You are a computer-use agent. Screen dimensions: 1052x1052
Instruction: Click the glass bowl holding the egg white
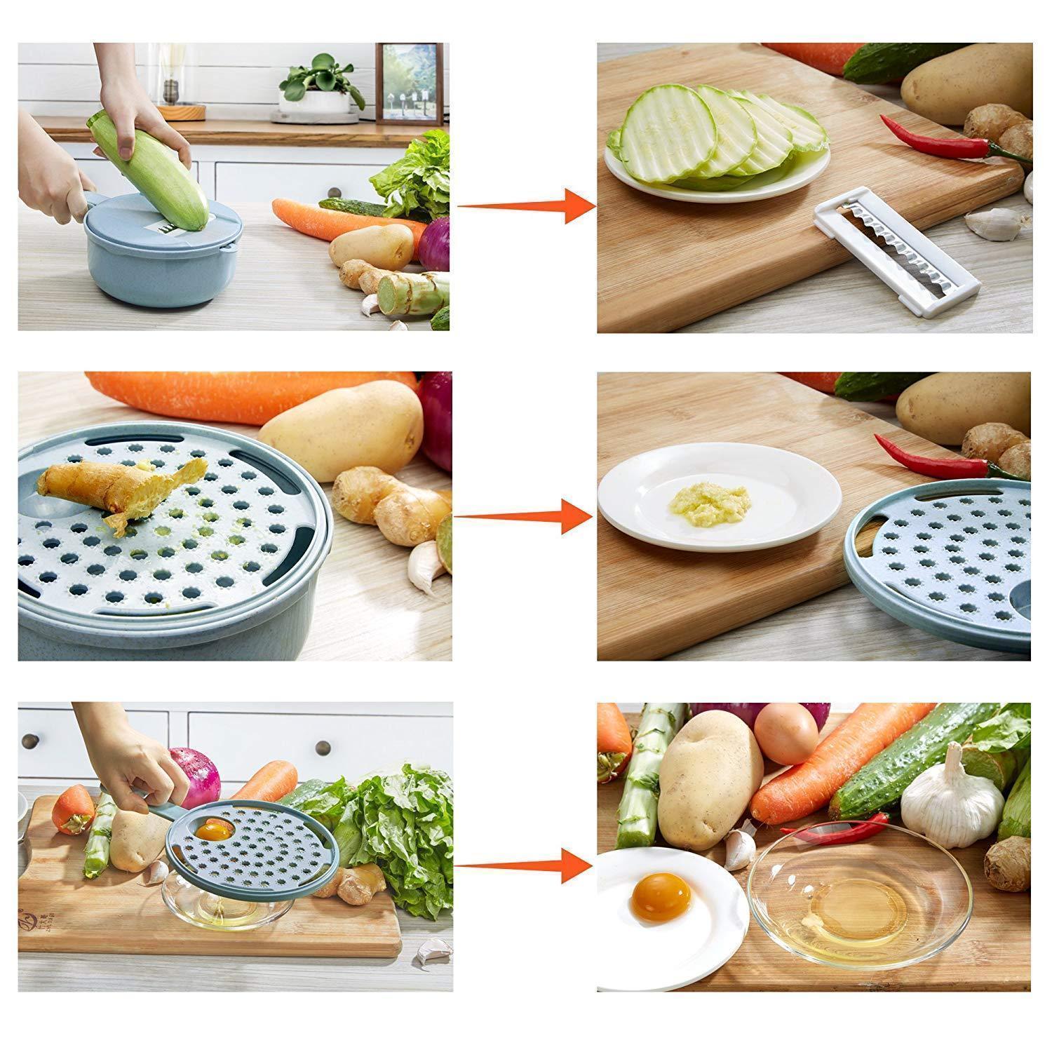[859, 905]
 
